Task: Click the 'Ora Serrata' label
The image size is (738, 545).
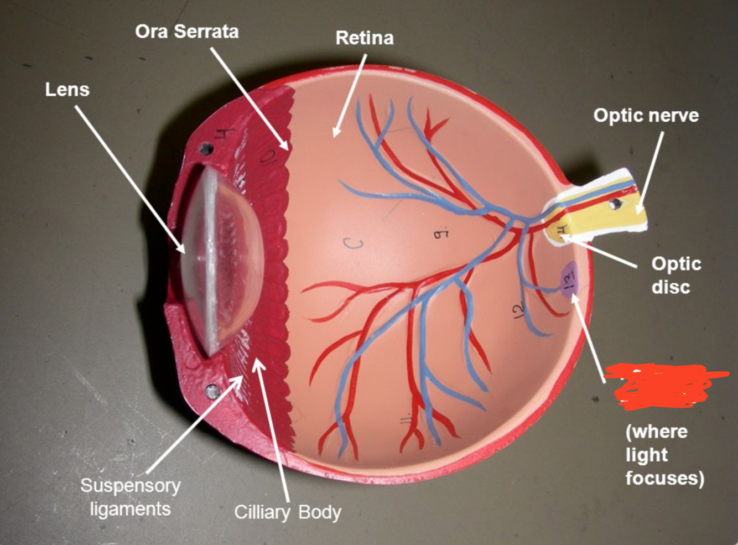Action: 187,31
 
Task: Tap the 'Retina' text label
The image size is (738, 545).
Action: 365,38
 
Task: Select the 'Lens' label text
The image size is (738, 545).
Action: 67,89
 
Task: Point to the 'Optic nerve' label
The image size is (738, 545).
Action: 646,115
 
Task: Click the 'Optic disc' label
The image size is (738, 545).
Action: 675,275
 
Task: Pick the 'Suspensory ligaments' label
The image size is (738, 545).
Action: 131,497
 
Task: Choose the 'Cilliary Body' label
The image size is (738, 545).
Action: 287,512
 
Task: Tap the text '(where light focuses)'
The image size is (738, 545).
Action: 664,454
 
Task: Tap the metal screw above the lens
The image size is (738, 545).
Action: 207,148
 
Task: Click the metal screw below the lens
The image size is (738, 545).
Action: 211,391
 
